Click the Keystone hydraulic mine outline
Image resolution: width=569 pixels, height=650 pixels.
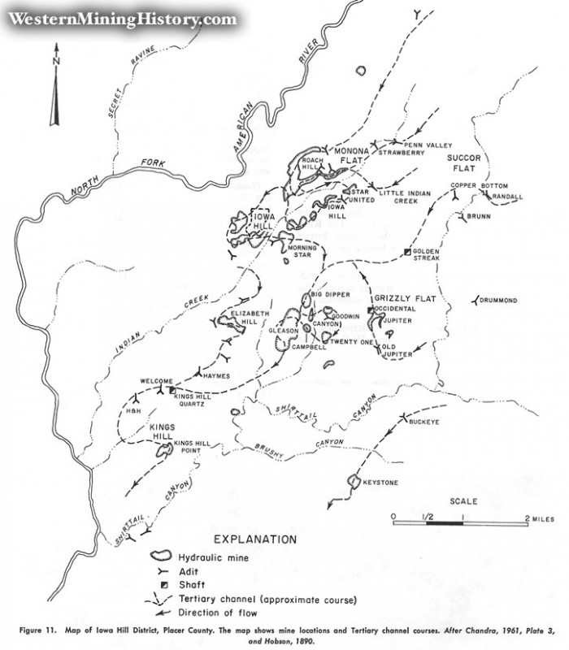354,481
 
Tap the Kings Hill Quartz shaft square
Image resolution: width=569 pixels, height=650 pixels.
172,391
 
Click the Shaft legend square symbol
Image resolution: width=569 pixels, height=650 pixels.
163,586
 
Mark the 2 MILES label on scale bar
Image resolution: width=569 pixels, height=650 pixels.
541,517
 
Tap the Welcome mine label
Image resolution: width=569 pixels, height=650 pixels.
157,381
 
